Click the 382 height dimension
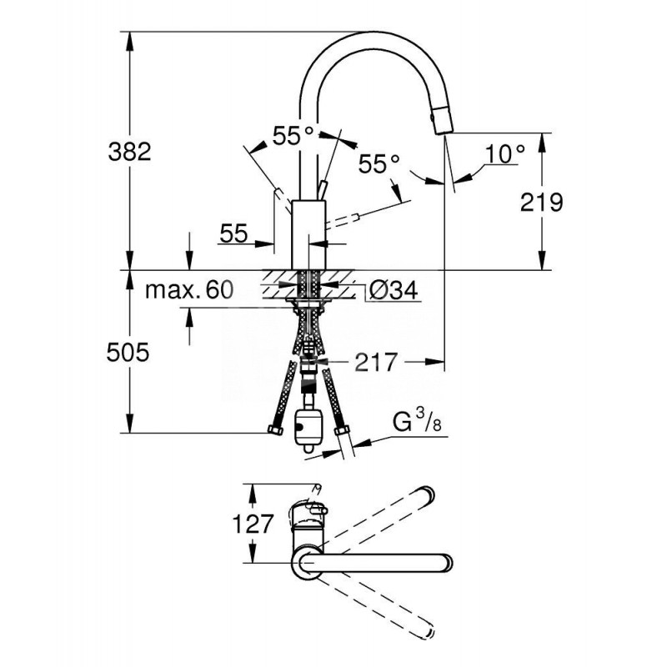(x=129, y=151)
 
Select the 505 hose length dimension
(x=129, y=353)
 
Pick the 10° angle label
(x=505, y=154)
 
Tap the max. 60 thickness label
(x=187, y=290)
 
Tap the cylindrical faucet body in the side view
(x=308, y=233)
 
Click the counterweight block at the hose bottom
(x=308, y=425)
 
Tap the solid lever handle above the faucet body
(x=323, y=188)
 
